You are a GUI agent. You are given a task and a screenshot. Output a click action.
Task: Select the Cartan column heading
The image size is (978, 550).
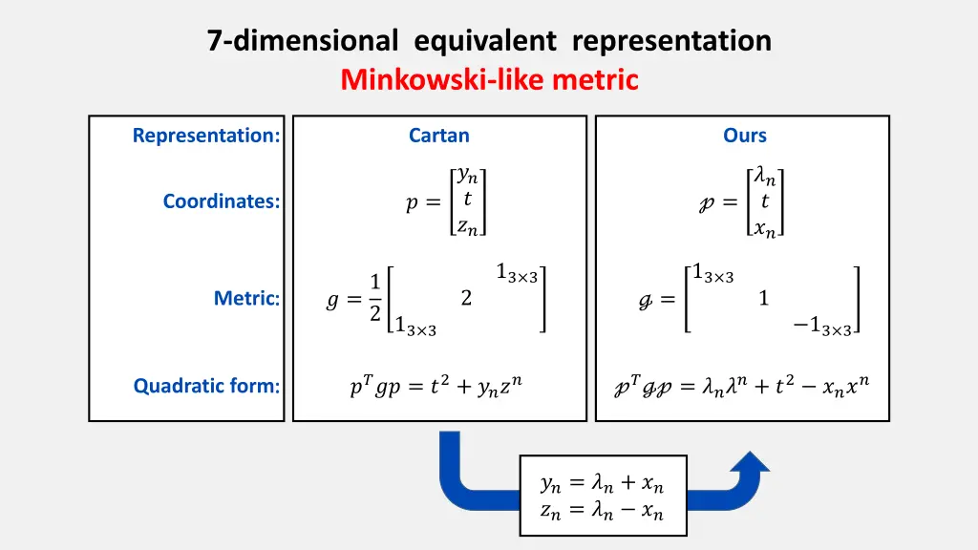439,136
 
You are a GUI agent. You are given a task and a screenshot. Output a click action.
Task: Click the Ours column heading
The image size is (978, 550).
745,136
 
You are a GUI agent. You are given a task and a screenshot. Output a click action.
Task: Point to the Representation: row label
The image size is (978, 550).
206,136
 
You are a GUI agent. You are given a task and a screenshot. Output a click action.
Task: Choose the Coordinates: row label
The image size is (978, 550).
222,201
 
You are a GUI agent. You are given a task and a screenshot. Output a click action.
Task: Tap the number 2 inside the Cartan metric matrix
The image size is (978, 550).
466,299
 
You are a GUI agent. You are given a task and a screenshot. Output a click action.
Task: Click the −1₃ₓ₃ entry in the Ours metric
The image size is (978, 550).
822,327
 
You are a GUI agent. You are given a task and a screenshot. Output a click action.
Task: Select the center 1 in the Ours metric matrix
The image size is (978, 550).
764,299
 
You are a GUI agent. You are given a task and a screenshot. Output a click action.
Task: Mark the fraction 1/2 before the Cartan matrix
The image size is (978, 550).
375,298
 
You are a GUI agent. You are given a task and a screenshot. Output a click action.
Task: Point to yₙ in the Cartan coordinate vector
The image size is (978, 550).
468,175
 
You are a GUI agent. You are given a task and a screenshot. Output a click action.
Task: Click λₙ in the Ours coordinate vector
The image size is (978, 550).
765,175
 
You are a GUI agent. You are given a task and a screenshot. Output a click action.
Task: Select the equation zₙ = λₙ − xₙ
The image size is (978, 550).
602,512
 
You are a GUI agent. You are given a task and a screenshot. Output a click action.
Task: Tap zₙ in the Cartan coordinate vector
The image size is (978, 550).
468,227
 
